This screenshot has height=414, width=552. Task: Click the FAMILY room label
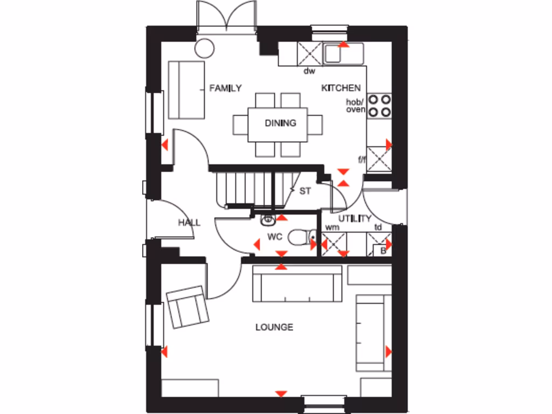(225, 88)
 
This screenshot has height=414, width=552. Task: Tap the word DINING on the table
(280, 123)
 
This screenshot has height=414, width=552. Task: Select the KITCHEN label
(341, 88)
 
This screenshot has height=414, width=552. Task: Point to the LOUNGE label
(274, 327)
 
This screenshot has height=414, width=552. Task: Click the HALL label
(189, 223)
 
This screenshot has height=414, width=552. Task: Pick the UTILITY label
(355, 218)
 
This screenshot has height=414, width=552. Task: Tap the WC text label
(275, 237)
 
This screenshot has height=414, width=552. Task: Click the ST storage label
(305, 191)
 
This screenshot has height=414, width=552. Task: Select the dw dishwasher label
(309, 71)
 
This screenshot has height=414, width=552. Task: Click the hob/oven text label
(356, 106)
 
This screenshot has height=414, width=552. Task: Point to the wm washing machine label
(333, 227)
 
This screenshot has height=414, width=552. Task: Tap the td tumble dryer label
(378, 227)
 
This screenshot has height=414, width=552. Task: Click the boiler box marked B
(383, 250)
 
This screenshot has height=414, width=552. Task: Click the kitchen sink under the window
(344, 54)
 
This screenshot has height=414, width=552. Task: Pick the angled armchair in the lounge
(188, 307)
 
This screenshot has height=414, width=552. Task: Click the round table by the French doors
(204, 49)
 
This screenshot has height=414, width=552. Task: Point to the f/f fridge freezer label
(362, 159)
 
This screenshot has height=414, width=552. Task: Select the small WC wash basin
(268, 219)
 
